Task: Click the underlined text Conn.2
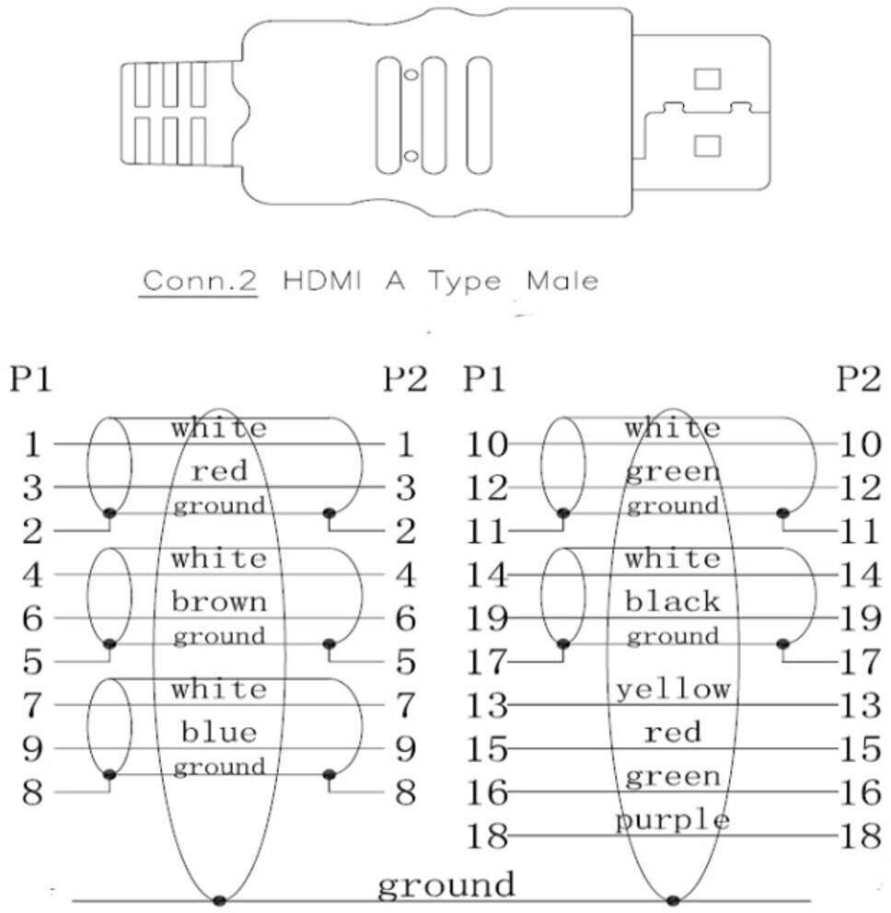[x=198, y=281]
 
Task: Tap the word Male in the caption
[x=561, y=281]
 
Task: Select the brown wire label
[x=219, y=602]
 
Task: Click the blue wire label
[x=219, y=733]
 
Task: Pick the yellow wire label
[x=673, y=688]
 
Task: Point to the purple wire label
[x=673, y=820]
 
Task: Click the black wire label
[x=673, y=602]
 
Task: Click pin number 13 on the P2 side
[x=862, y=706]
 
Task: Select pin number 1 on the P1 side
[x=33, y=445]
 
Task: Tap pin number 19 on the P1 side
[x=485, y=618]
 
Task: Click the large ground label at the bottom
[x=446, y=884]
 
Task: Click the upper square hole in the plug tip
[x=707, y=79]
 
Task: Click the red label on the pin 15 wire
[x=673, y=733]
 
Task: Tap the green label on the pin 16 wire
[x=673, y=777]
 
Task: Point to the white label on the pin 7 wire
[x=219, y=689]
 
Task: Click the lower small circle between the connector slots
[x=411, y=155]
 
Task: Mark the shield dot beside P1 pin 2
[x=110, y=513]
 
